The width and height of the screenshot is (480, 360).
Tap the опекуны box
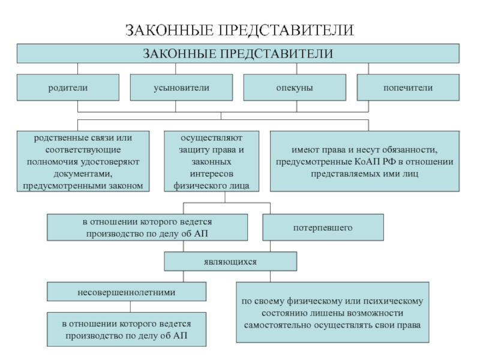click(294, 87)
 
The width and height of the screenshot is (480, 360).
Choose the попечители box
click(408, 87)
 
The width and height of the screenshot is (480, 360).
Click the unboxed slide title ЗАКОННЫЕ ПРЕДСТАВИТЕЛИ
click(240, 30)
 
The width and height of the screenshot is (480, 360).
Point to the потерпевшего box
click(323, 228)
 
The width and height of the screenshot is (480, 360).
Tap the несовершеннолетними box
click(126, 293)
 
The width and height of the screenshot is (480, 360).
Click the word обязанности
click(409, 149)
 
